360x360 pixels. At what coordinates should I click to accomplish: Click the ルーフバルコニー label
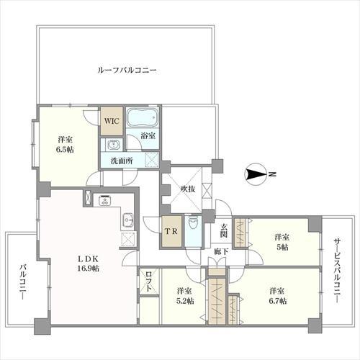(x=127, y=71)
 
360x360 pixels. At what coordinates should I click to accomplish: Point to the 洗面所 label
(x=121, y=161)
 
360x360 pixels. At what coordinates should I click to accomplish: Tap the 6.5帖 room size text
(x=66, y=149)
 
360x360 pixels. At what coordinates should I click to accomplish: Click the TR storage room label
(x=171, y=233)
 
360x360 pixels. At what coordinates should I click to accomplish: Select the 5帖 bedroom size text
(x=281, y=247)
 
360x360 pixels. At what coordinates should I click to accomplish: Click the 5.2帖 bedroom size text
(x=184, y=300)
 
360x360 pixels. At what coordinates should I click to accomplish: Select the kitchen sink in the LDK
(x=127, y=219)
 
